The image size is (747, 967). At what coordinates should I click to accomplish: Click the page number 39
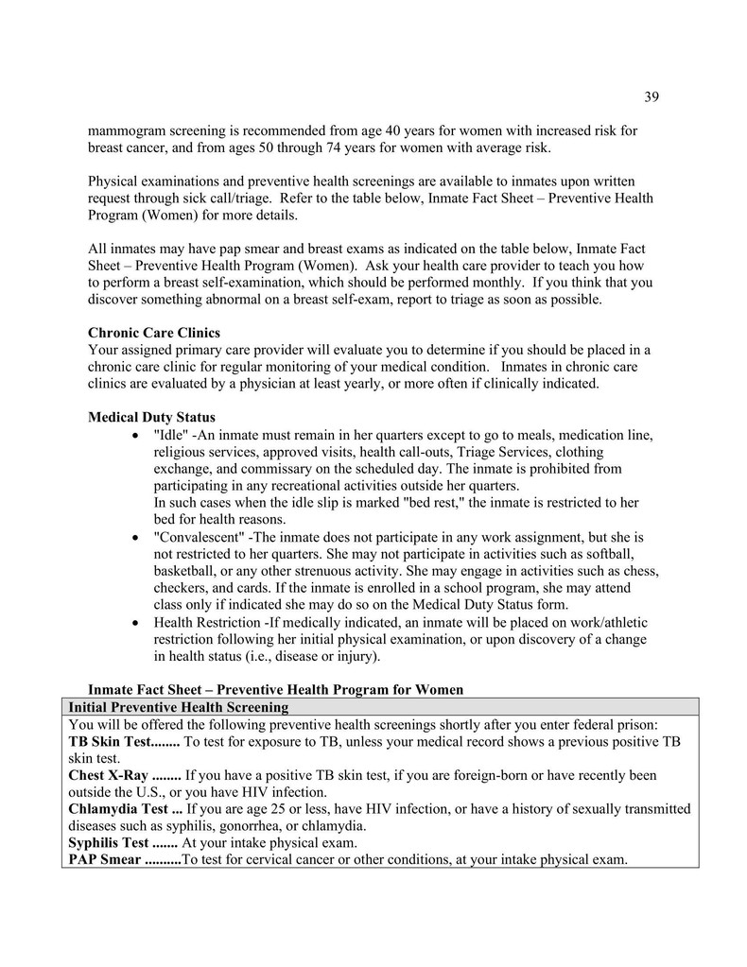[651, 96]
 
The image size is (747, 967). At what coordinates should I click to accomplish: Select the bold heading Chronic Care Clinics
[153, 332]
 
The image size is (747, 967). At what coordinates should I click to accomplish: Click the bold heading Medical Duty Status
[151, 416]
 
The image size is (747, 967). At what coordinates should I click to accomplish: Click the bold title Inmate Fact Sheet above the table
[147, 689]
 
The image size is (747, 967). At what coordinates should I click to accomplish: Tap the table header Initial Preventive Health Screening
[179, 706]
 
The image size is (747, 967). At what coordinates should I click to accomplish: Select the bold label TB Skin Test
[113, 741]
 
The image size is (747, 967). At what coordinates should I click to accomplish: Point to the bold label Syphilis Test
[108, 842]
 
